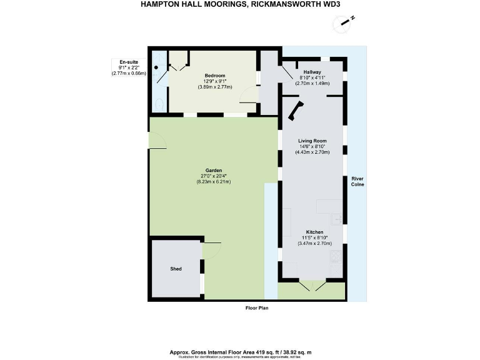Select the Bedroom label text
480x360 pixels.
click(x=214, y=76)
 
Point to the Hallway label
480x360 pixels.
click(x=312, y=72)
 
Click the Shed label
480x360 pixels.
click(x=176, y=269)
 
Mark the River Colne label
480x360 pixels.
click(x=357, y=181)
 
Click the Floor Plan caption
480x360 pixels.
click(x=257, y=308)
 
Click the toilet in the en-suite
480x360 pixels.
click(x=159, y=104)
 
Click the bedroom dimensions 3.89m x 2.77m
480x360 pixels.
click(x=214, y=87)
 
